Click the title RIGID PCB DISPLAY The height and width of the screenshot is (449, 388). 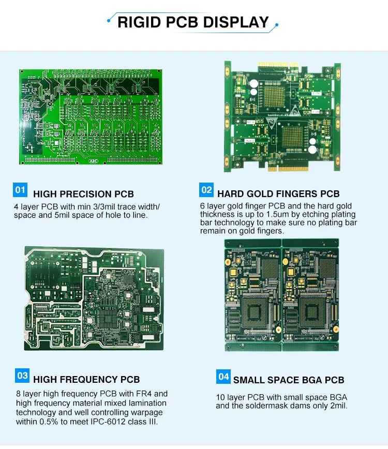(x=193, y=22)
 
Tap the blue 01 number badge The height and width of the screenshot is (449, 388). (x=20, y=190)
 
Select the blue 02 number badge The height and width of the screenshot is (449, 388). (x=206, y=190)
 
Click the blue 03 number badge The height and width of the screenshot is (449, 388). (x=22, y=375)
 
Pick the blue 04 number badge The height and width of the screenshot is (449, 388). (x=223, y=376)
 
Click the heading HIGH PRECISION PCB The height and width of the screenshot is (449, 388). (x=83, y=194)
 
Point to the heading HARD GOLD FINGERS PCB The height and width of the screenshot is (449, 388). (x=278, y=194)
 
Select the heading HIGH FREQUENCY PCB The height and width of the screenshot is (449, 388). (x=86, y=380)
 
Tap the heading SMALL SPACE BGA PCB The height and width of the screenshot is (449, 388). (x=289, y=380)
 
